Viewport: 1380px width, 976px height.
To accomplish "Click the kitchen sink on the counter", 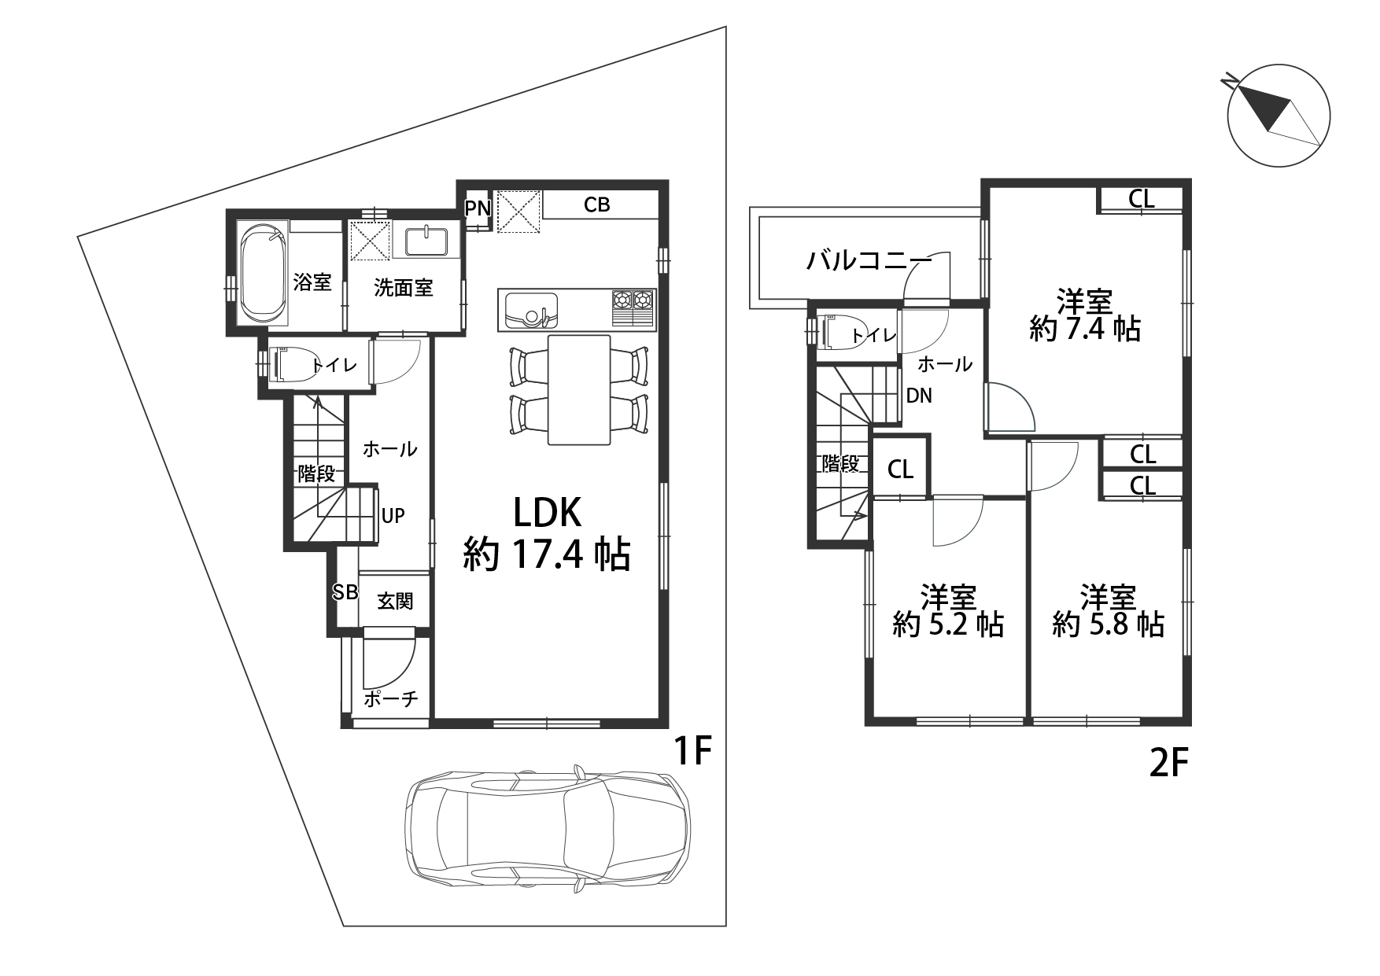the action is pyautogui.click(x=531, y=311).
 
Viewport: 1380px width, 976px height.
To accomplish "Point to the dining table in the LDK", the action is pyautogui.click(x=579, y=389).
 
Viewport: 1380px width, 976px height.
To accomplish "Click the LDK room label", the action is pyautogui.click(x=548, y=513).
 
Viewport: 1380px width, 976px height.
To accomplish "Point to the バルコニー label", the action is pyautogui.click(x=869, y=260).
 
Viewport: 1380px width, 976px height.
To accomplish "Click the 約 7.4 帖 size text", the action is pyautogui.click(x=1085, y=329).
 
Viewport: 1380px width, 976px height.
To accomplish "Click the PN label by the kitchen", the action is pyautogui.click(x=478, y=208).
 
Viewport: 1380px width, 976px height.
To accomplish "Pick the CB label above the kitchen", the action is pyautogui.click(x=597, y=204).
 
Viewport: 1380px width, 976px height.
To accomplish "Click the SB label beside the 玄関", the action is pyautogui.click(x=345, y=592).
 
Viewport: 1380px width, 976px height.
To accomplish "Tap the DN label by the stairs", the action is pyautogui.click(x=919, y=396).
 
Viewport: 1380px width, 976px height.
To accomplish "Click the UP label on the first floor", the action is pyautogui.click(x=393, y=516).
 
